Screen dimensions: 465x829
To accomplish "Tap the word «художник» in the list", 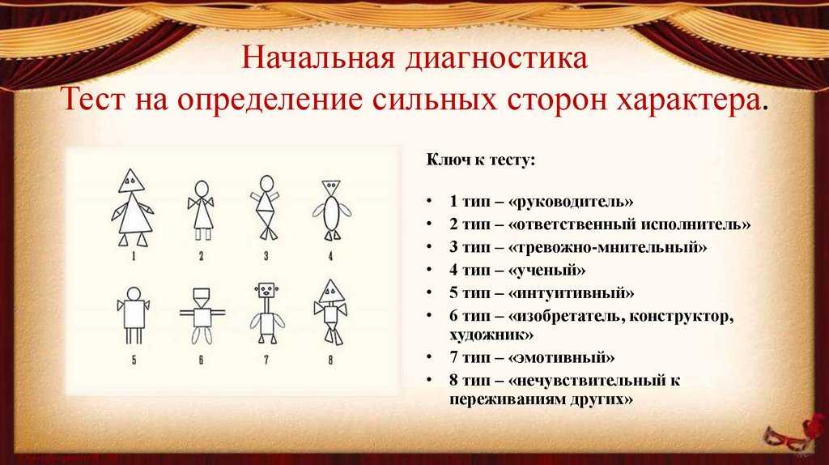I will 486,334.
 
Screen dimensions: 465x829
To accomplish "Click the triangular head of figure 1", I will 131,181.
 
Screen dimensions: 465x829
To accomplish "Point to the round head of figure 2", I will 202,188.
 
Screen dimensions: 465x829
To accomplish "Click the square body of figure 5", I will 134,312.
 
